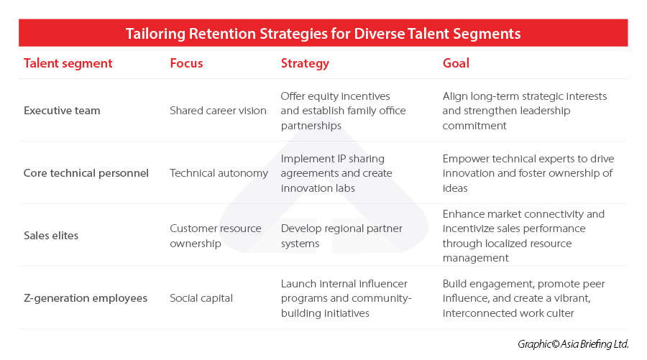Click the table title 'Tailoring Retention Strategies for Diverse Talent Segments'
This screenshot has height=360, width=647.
(x=323, y=34)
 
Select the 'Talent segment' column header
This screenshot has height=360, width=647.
(x=68, y=63)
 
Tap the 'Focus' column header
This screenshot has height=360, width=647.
(x=186, y=63)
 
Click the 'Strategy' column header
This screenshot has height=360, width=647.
(x=305, y=63)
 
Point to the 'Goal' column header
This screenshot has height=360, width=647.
(x=456, y=63)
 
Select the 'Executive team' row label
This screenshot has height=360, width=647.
(x=62, y=111)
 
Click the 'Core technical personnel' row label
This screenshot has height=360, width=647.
(x=86, y=173)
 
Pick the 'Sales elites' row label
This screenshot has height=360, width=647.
(x=52, y=236)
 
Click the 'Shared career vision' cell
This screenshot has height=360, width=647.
(x=218, y=111)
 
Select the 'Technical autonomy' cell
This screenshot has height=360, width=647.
(x=219, y=173)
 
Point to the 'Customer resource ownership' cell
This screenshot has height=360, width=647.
(x=216, y=236)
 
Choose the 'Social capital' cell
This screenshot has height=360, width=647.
(x=201, y=298)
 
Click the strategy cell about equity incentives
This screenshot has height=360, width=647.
(x=343, y=111)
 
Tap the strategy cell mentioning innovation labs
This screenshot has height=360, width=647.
(x=336, y=173)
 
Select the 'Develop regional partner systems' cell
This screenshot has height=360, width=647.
(x=341, y=236)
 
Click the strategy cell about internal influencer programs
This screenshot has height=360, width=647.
(x=346, y=298)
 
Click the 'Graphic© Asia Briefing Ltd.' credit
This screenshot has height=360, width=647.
(x=573, y=344)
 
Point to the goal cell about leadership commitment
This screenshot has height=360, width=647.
(x=525, y=111)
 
